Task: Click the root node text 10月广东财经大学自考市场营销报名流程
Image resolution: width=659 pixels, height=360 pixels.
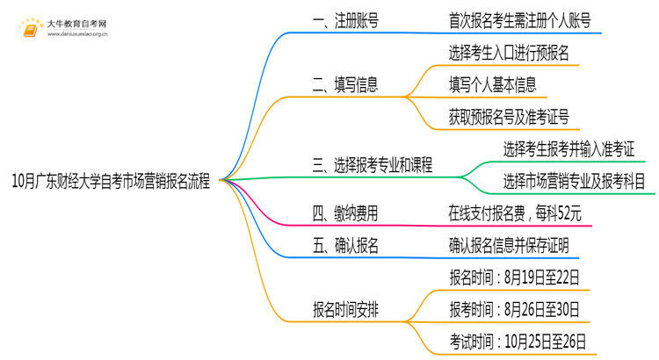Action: point(111,182)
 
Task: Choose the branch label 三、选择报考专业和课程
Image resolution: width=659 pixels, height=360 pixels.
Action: point(377,164)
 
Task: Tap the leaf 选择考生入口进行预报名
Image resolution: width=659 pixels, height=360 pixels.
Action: point(508,54)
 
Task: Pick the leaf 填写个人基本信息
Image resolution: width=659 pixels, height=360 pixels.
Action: point(492,84)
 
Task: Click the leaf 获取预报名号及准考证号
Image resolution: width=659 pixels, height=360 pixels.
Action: point(508,116)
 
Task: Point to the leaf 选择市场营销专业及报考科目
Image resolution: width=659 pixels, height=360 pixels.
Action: point(574,181)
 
